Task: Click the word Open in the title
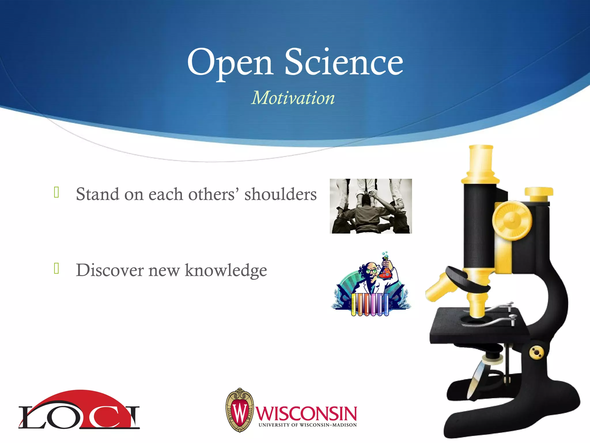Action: pos(230,62)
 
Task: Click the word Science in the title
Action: pos(344,62)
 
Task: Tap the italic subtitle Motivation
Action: pos(293,98)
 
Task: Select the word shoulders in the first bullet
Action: pos(280,194)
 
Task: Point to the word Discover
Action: pos(110,270)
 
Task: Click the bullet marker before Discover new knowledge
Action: pos(56,268)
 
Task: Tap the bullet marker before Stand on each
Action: pos(56,192)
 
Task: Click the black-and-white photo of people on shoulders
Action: pos(371,206)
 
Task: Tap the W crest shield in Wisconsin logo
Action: pos(240,410)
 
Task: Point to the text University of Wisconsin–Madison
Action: pos(307,425)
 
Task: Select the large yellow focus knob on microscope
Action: pos(512,220)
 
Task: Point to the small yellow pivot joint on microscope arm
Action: pos(536,352)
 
